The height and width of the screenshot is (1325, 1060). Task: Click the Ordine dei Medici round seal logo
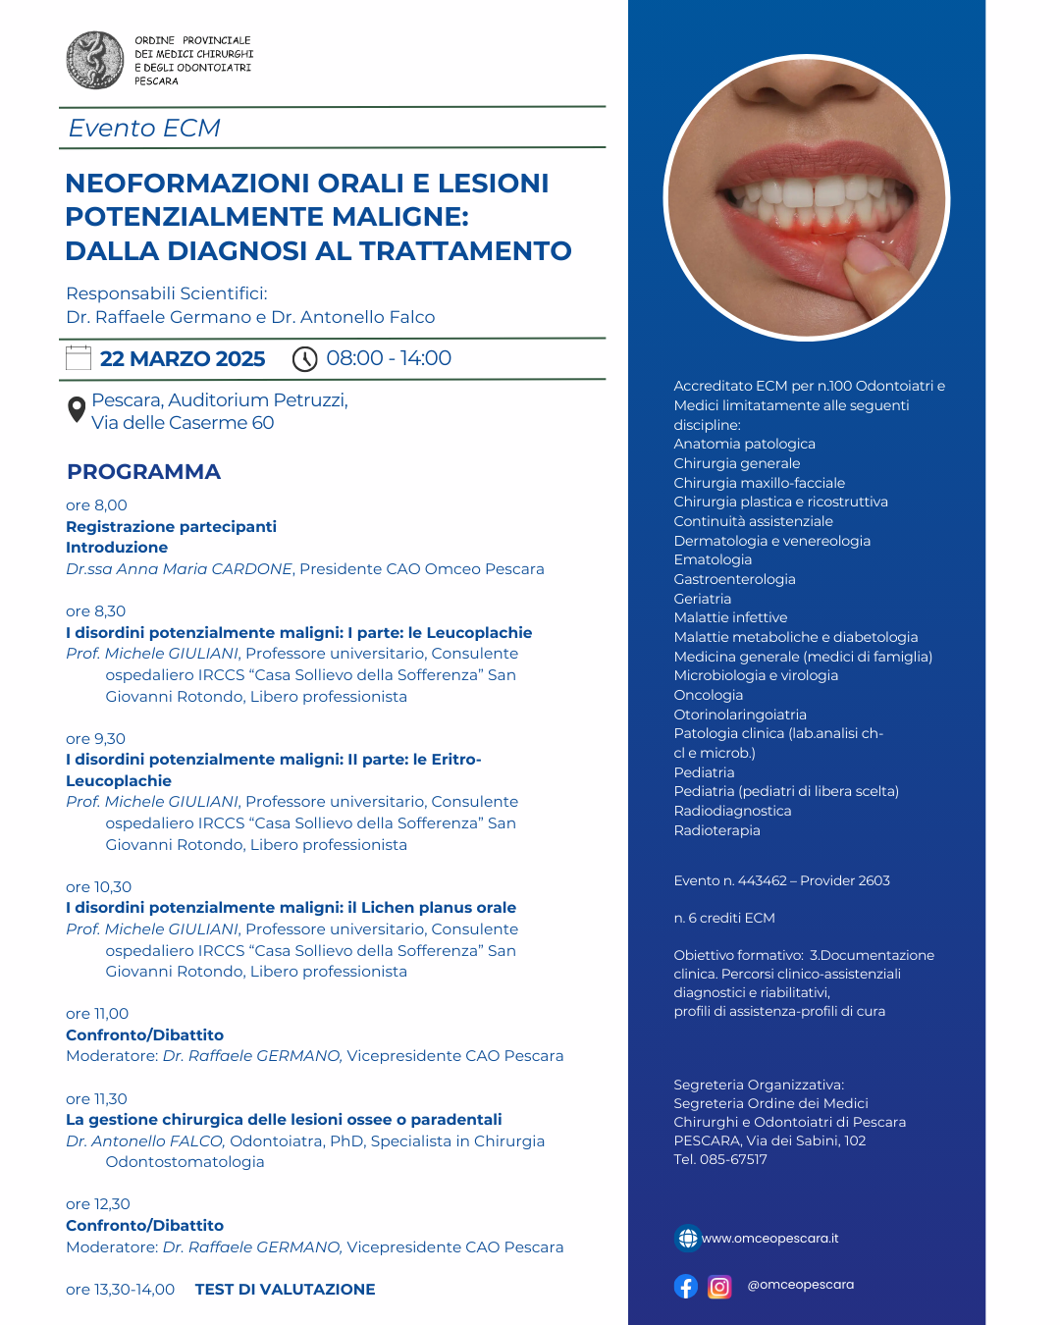(95, 60)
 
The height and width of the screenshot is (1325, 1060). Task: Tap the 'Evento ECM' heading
(144, 129)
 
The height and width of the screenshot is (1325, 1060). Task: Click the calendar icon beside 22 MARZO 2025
(79, 358)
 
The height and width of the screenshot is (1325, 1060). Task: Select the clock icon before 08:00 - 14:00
(305, 359)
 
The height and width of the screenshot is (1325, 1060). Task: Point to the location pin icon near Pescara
(77, 409)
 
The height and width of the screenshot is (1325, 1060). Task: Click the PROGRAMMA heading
(143, 472)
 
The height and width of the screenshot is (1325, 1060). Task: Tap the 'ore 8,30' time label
(96, 611)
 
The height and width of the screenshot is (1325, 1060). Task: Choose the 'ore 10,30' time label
(98, 887)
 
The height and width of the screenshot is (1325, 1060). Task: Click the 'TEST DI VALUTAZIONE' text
(285, 1290)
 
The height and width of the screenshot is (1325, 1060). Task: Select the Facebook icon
(686, 1287)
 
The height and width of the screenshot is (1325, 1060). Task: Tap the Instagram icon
(719, 1287)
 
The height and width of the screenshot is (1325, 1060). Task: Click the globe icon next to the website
(688, 1239)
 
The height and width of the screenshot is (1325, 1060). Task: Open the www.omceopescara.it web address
(769, 1239)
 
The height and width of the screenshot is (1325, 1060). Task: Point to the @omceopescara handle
(800, 1285)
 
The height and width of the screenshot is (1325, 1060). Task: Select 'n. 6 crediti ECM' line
(724, 918)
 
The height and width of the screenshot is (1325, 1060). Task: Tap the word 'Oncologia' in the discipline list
(708, 695)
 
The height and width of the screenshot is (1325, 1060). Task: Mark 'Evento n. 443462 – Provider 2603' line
(781, 880)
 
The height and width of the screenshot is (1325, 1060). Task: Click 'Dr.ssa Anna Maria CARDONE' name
(179, 569)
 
